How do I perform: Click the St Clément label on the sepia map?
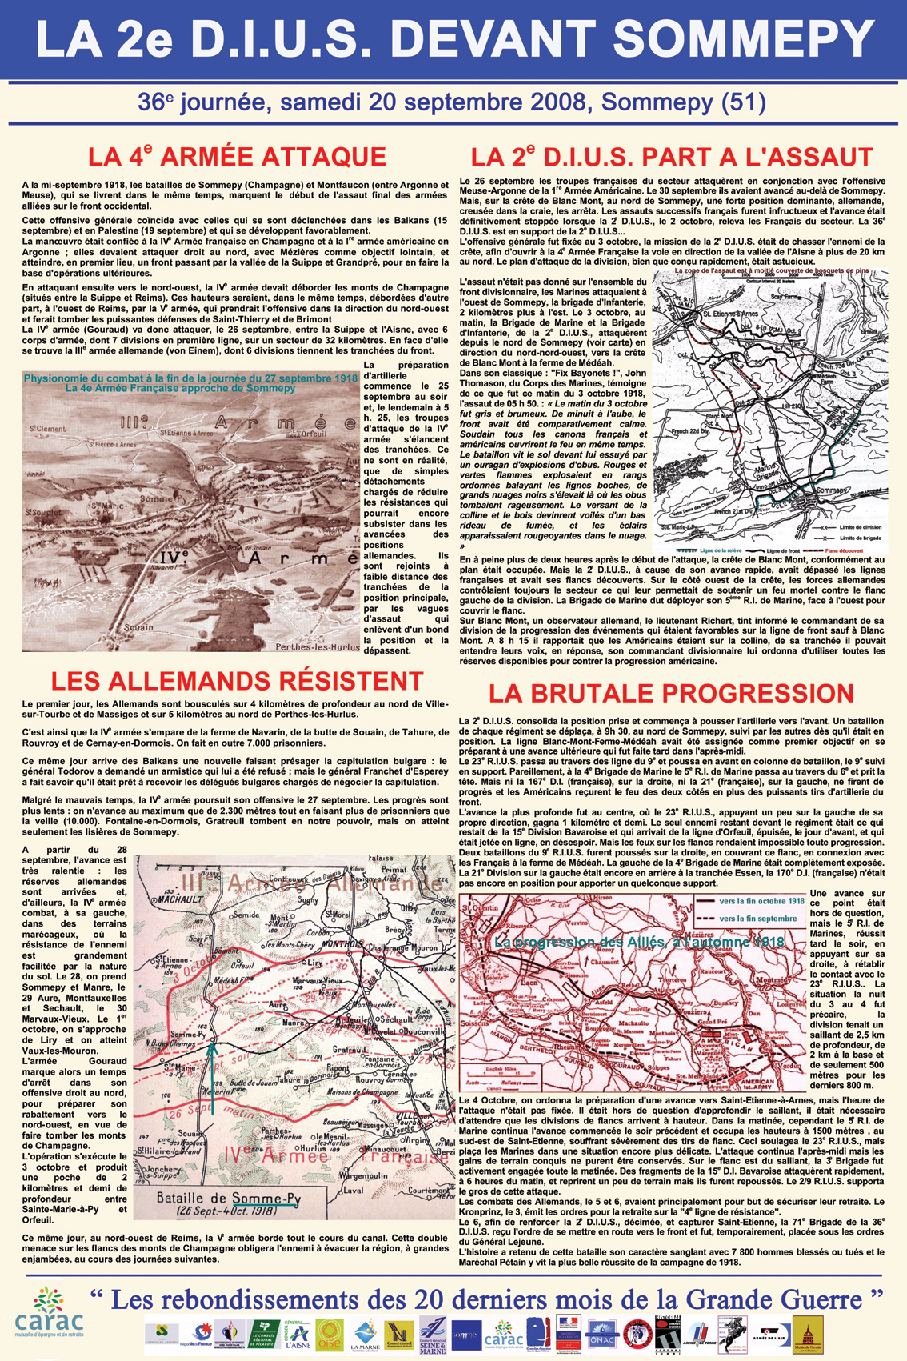click(x=47, y=429)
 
